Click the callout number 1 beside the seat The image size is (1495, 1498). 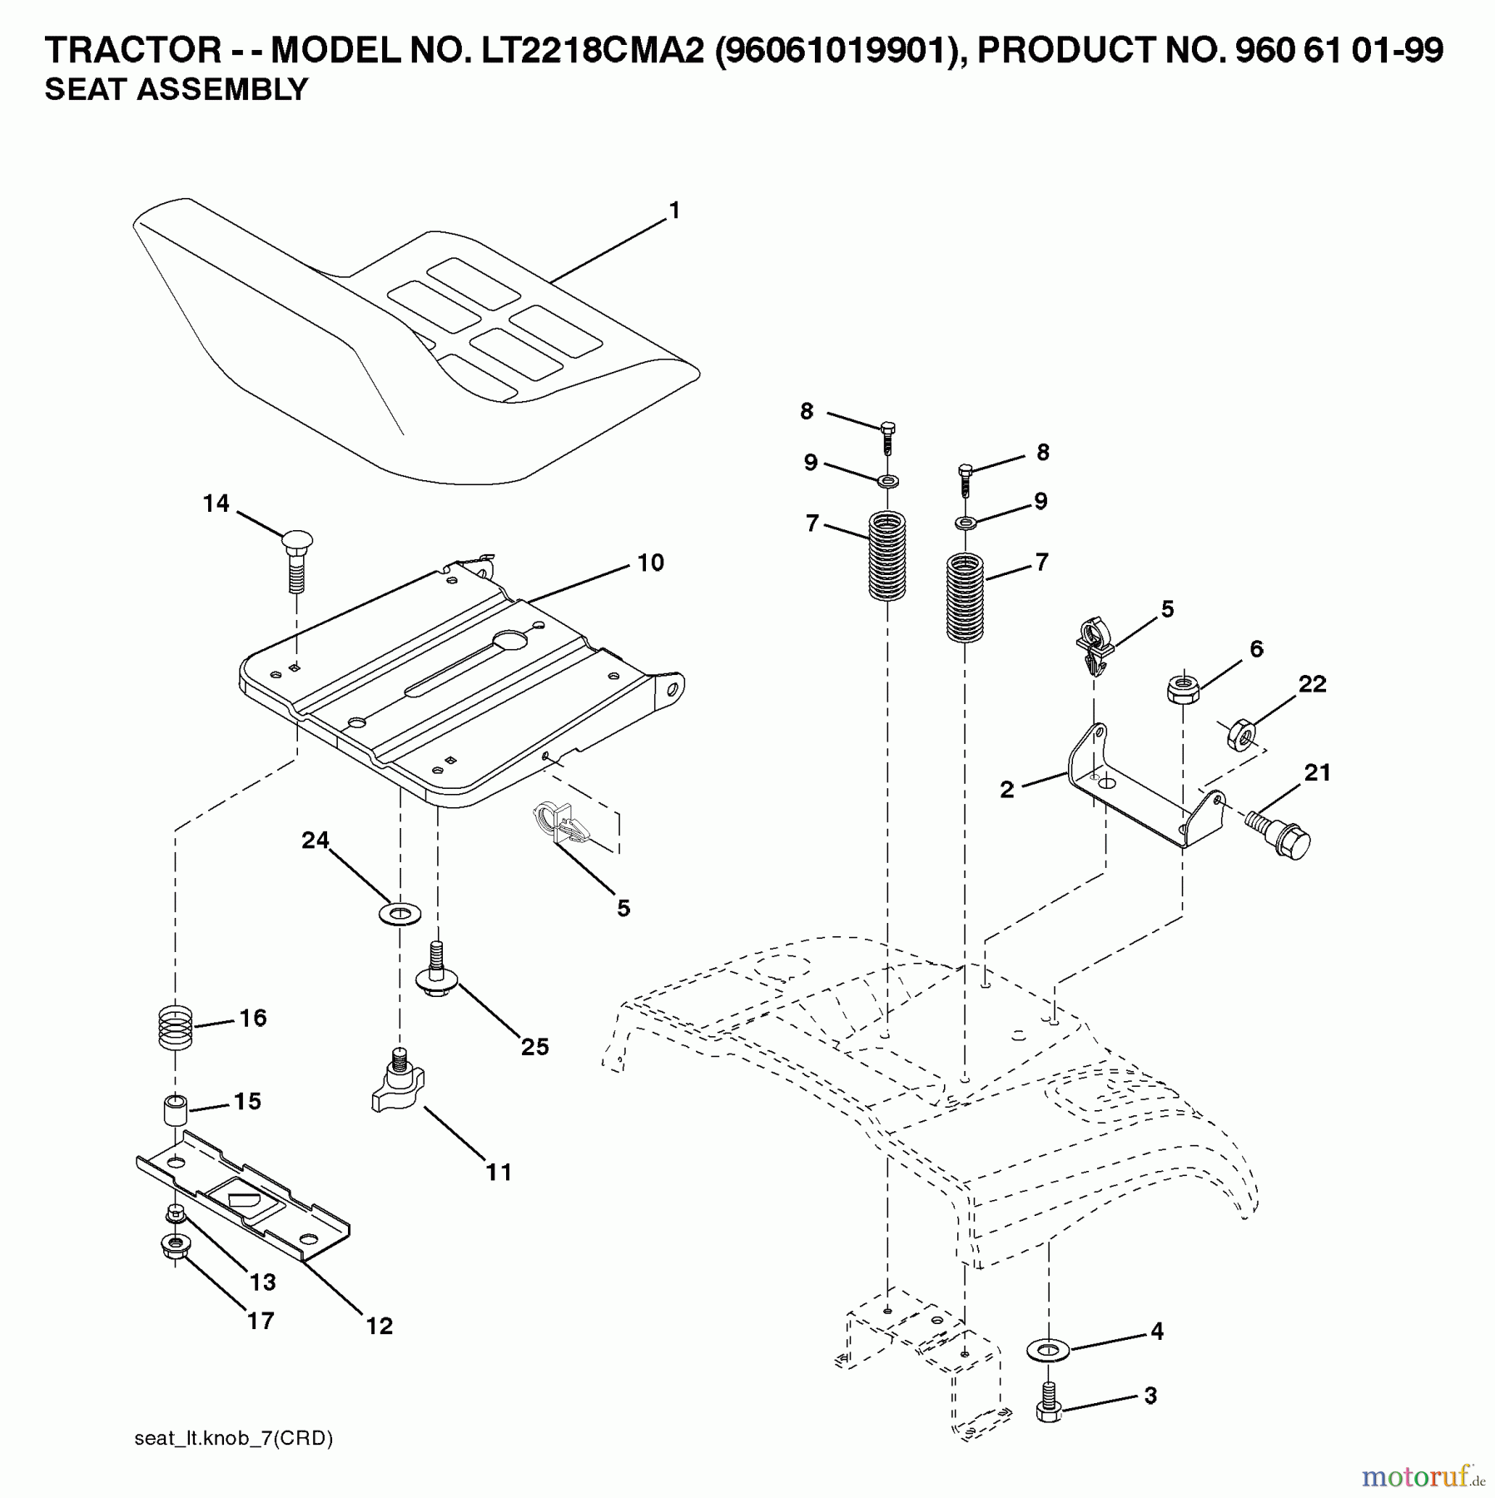pyautogui.click(x=674, y=211)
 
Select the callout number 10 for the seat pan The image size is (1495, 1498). pyautogui.click(x=651, y=563)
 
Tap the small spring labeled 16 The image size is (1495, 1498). pyautogui.click(x=176, y=1028)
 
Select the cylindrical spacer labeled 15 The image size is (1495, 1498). pyautogui.click(x=175, y=1111)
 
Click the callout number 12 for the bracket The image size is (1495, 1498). pyautogui.click(x=380, y=1326)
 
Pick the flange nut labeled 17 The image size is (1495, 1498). pyautogui.click(x=173, y=1246)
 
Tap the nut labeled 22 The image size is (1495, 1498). pyautogui.click(x=1241, y=734)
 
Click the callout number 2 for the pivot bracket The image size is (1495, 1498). pyautogui.click(x=1007, y=790)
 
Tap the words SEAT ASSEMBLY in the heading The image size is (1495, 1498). pyautogui.click(x=176, y=89)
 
